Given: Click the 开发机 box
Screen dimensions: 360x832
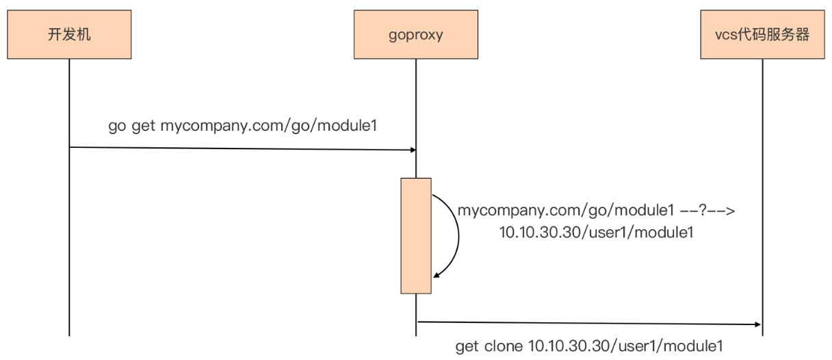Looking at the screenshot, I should point(69,34).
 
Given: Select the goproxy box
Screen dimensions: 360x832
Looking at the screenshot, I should point(415,34).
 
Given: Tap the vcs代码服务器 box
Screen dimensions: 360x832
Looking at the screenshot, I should point(762,34).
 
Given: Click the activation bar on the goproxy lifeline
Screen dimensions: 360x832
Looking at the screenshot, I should point(416,235).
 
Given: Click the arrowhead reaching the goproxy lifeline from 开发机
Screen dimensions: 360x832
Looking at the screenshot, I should point(412,149).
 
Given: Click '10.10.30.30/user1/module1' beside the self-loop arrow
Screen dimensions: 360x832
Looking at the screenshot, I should point(596,233).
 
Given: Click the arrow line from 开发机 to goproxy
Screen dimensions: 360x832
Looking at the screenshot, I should point(239,148).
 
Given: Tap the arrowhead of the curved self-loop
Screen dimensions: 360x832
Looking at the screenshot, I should point(435,274).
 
